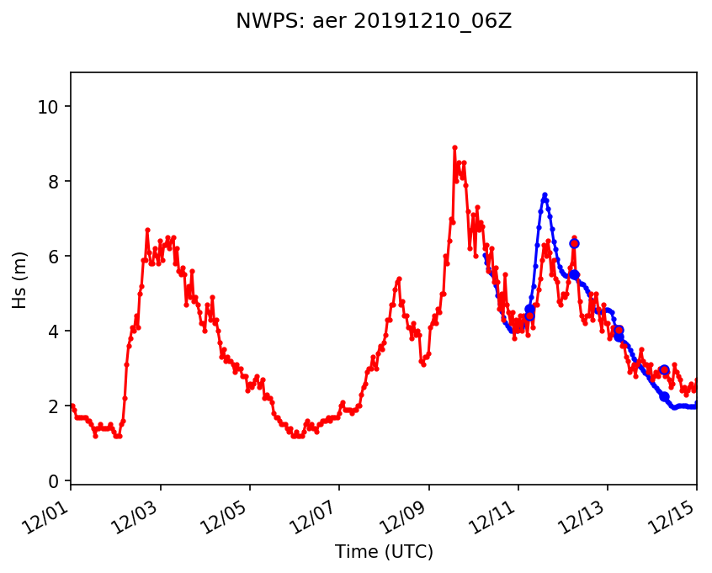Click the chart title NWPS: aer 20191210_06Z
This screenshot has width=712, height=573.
(x=374, y=22)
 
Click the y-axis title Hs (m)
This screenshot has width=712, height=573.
(x=20, y=279)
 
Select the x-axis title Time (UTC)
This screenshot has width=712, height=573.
(x=384, y=552)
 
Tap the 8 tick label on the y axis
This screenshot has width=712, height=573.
(x=56, y=182)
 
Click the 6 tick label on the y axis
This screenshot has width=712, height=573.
(x=56, y=257)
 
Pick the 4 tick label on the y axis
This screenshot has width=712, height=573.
(x=56, y=332)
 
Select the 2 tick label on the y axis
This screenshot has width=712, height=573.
(x=56, y=406)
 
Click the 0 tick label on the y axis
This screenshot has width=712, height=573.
(x=56, y=481)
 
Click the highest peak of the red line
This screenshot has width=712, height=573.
(x=454, y=147)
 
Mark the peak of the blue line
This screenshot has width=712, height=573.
(x=545, y=194)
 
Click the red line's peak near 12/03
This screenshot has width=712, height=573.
(x=147, y=230)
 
